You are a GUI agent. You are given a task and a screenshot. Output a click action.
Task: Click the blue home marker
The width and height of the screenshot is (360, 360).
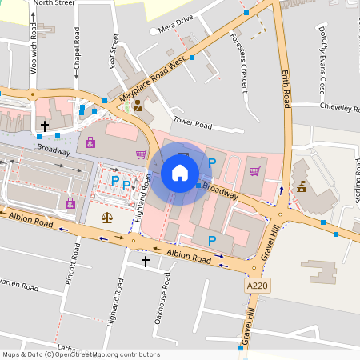[180, 172]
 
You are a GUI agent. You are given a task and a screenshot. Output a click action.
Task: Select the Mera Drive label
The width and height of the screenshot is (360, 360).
[176, 26]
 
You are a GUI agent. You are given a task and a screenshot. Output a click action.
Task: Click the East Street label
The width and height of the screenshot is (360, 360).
[114, 52]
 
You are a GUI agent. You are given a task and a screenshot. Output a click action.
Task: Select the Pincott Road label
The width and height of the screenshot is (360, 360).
[74, 275]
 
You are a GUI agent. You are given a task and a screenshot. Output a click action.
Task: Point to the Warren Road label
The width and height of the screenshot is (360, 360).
[20, 285]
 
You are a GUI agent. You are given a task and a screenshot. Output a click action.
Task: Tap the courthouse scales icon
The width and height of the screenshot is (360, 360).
[107, 217]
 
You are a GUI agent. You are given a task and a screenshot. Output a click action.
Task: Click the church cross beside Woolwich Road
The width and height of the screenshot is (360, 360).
[45, 126]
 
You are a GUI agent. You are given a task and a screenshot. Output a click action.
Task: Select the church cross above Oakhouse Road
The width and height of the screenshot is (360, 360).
[146, 261]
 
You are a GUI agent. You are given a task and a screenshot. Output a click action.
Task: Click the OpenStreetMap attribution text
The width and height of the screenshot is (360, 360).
[80, 354]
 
